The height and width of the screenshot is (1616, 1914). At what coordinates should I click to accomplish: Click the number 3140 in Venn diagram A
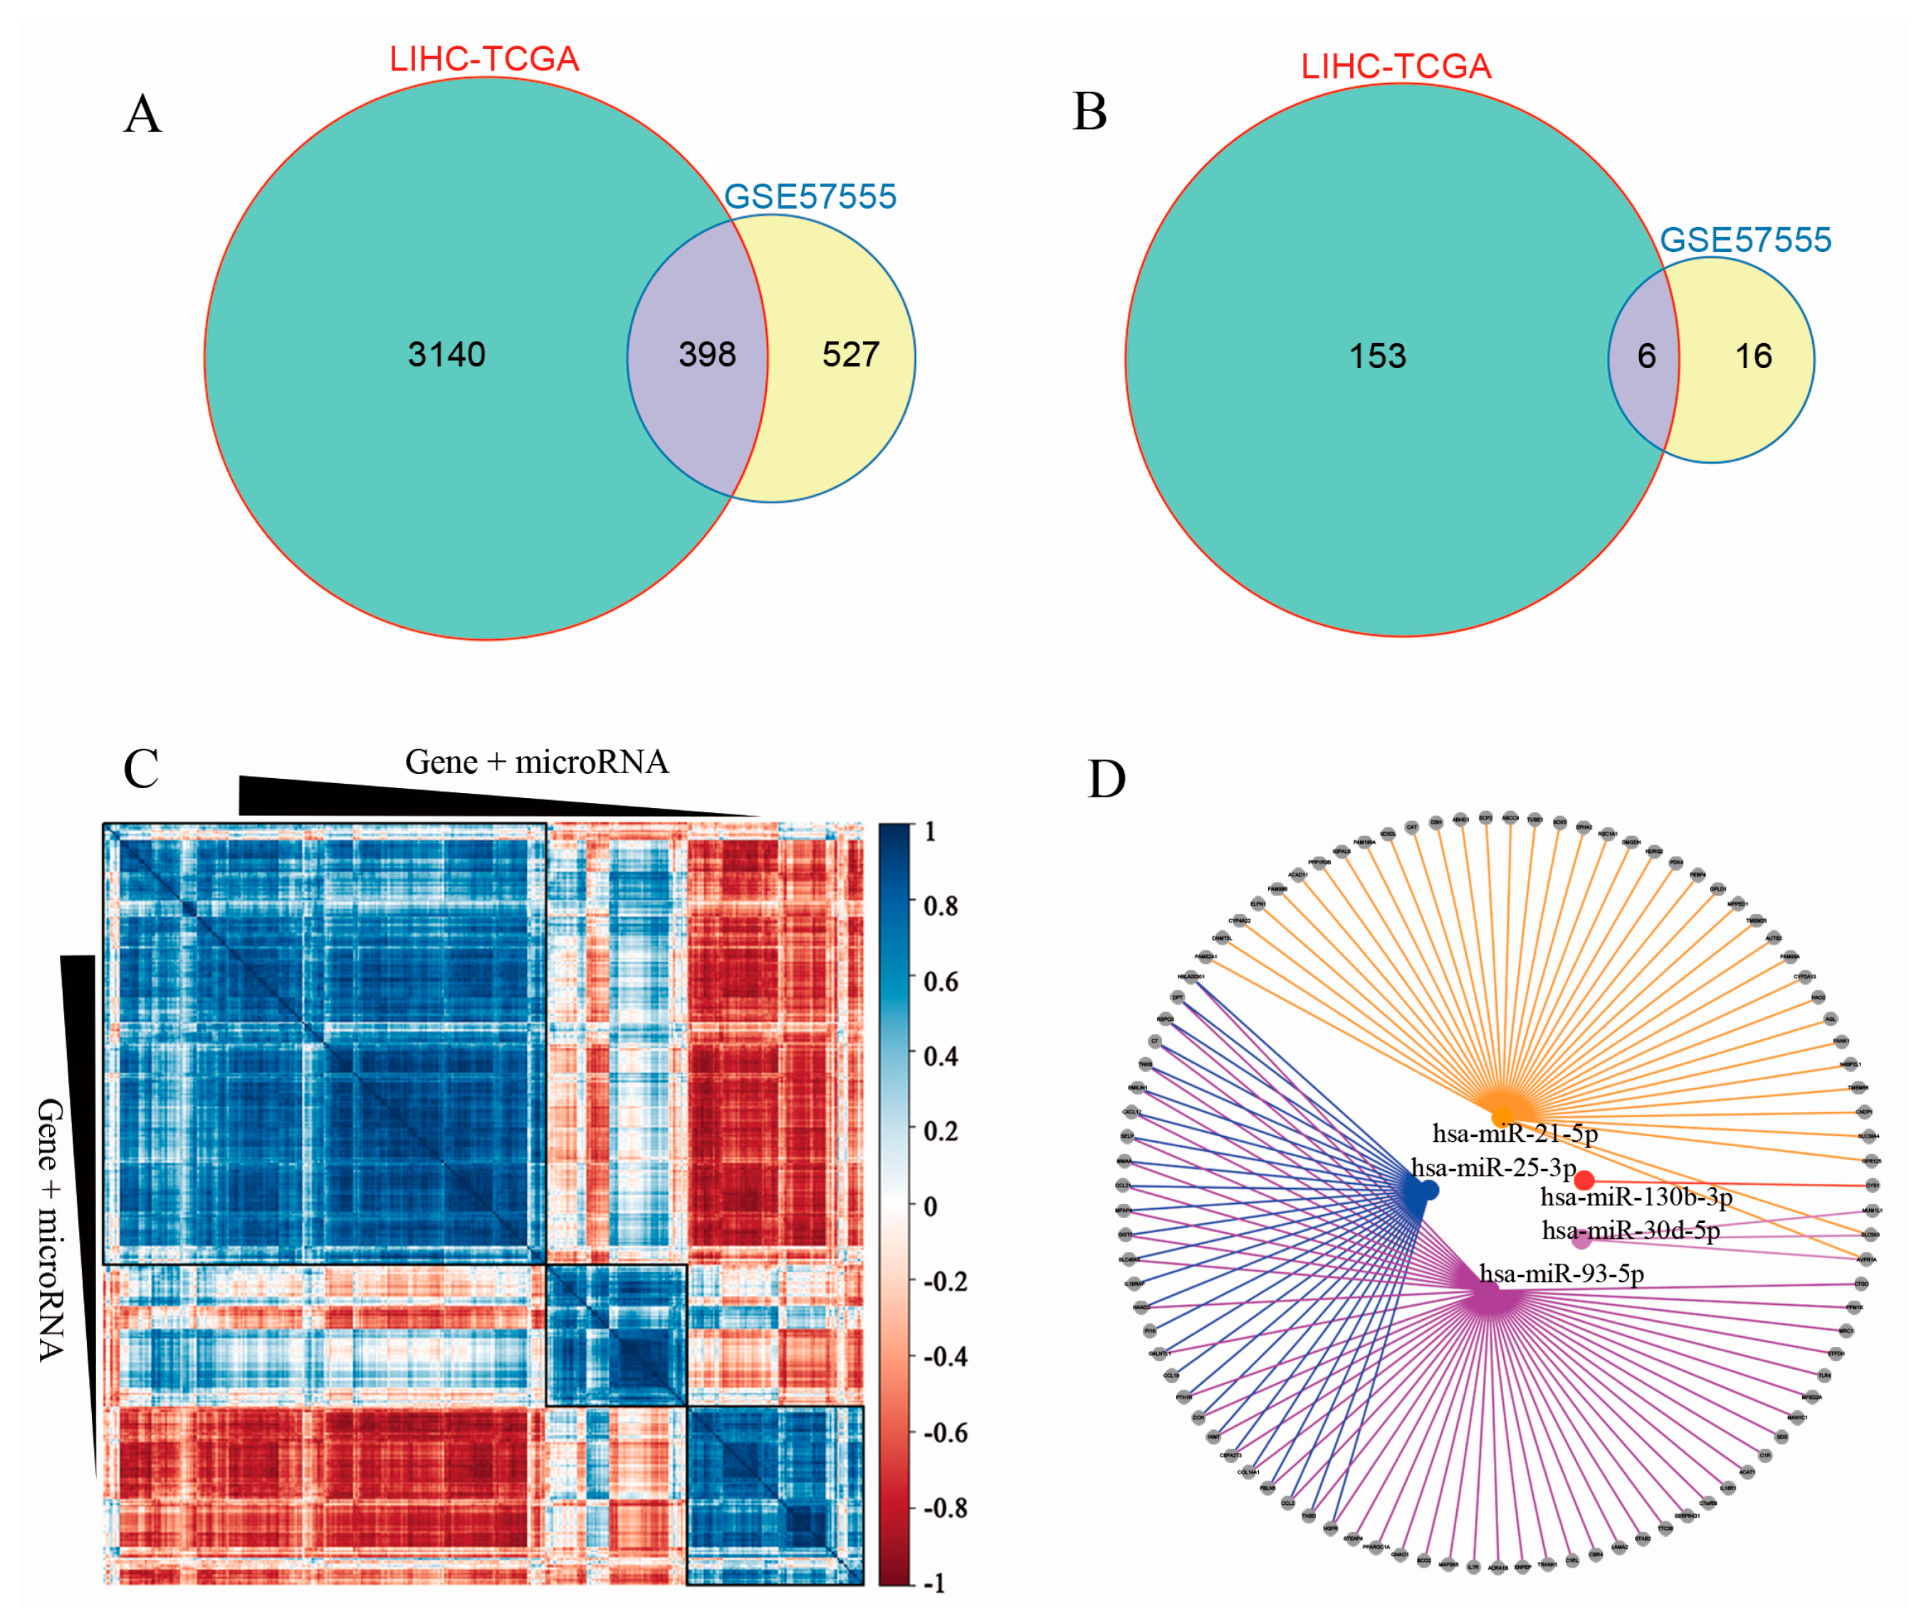coord(446,355)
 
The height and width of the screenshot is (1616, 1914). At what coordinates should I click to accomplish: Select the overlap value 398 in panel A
coord(706,355)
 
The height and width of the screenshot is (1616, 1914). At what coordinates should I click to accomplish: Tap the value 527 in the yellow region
coord(850,355)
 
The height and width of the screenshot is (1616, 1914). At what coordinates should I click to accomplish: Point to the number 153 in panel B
coord(1376,357)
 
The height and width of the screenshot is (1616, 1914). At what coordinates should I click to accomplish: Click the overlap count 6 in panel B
coord(1646,357)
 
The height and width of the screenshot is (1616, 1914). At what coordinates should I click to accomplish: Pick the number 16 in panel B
coord(1753,357)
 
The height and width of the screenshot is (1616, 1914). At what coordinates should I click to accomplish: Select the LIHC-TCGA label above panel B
coord(1396,67)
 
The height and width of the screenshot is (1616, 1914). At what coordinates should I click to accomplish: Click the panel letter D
coord(1106,780)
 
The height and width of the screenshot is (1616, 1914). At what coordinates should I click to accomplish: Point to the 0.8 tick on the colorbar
coord(940,907)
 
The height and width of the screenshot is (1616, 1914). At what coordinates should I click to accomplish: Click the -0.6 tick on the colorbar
coord(943,1432)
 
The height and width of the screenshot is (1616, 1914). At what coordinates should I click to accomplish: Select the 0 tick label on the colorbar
coord(930,1207)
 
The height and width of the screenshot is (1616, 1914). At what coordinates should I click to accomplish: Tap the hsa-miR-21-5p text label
coord(1515,1134)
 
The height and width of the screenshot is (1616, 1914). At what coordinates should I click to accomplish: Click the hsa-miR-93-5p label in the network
coord(1562,1274)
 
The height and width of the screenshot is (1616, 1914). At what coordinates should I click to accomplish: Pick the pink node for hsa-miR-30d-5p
coord(1581,1240)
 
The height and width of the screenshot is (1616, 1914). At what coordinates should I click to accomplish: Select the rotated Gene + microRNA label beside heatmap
coord(51,1229)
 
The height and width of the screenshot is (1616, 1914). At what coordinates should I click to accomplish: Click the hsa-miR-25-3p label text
coord(1492,1168)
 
